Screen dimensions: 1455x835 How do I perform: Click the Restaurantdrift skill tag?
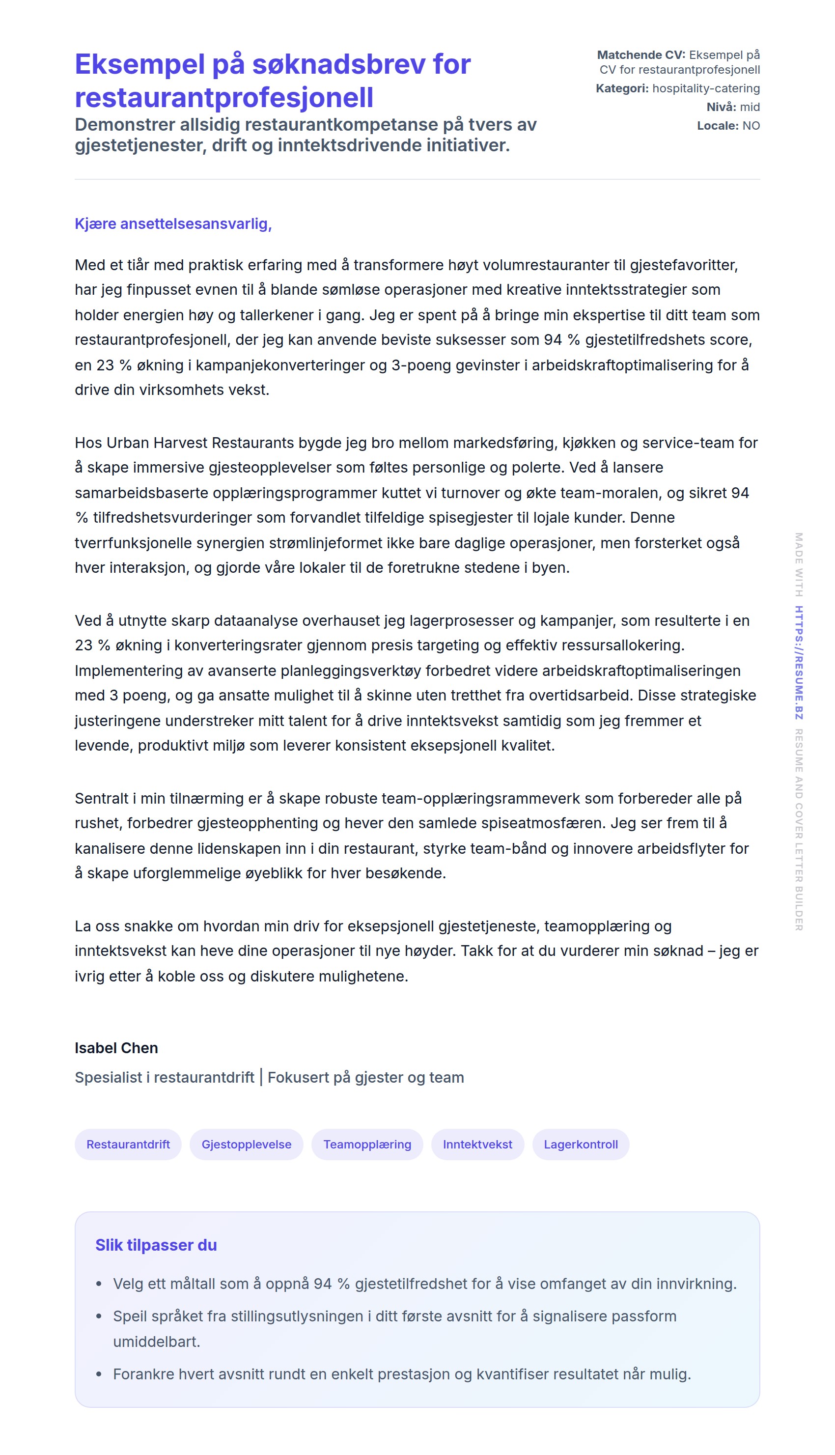coord(128,1144)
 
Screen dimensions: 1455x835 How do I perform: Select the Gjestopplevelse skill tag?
coord(246,1144)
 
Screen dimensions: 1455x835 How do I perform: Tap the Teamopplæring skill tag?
coord(367,1144)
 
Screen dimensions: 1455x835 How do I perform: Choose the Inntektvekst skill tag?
coord(477,1144)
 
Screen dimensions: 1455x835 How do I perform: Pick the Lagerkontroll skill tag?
coord(581,1144)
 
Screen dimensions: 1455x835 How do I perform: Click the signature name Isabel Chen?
coord(116,1048)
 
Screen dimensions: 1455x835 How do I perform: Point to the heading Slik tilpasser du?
coord(156,1245)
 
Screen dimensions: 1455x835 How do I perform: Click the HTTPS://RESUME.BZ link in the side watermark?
coord(798,662)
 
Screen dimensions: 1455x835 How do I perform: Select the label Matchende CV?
coord(640,55)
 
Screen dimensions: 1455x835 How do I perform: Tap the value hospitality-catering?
coord(706,88)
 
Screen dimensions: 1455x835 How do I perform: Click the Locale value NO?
coord(751,126)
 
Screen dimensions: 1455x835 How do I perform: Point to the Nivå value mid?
coord(750,107)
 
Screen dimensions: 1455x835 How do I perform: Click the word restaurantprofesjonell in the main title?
coord(223,97)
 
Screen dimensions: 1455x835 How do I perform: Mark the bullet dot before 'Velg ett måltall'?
coord(99,1284)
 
